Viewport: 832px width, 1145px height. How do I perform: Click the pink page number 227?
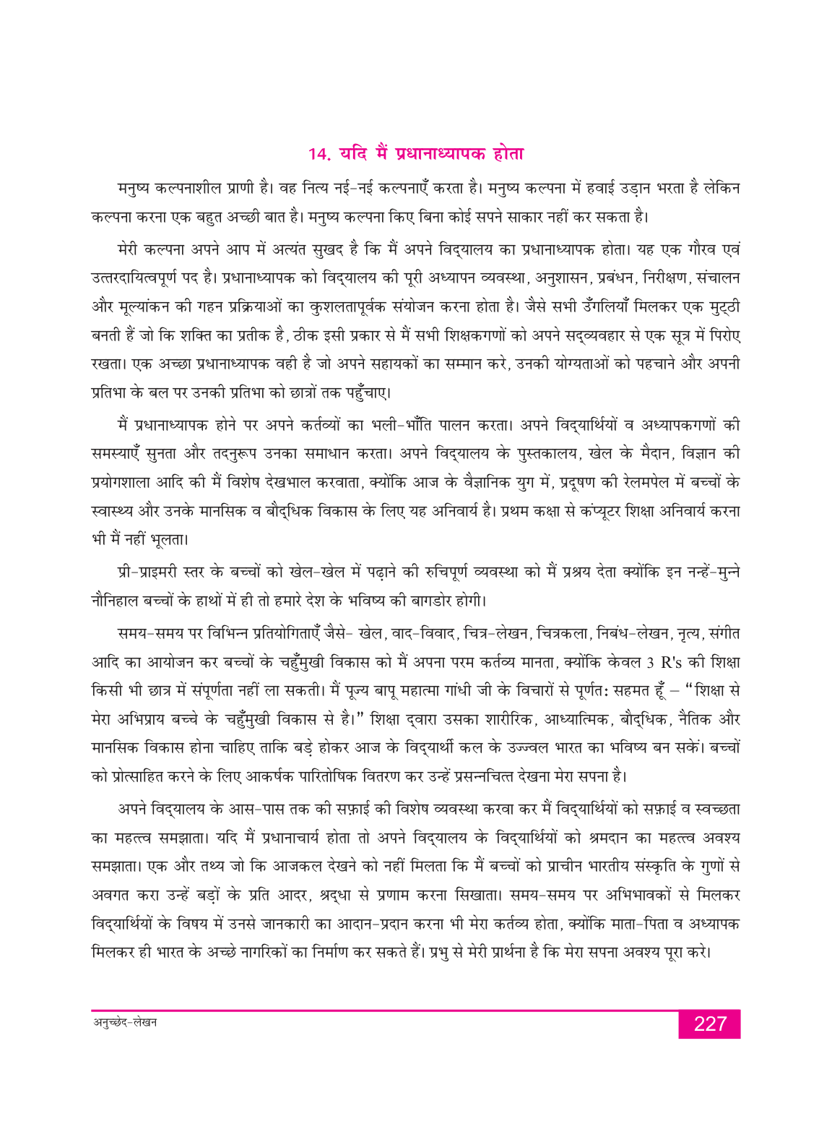pos(709,1024)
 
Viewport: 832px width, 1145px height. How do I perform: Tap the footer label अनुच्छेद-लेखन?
pos(125,1022)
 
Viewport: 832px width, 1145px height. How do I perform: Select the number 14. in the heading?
pos(318,154)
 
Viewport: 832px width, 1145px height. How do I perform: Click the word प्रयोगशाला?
pos(127,483)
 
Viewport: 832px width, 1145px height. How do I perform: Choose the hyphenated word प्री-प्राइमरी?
pos(151,572)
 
